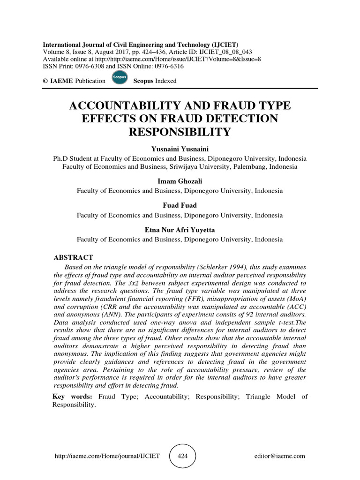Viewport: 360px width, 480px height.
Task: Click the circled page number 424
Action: click(182, 456)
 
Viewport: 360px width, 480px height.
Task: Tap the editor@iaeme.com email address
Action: click(280, 456)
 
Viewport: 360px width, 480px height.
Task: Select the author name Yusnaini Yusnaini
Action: click(180, 149)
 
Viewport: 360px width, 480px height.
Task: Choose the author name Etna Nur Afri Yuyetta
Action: click(180, 230)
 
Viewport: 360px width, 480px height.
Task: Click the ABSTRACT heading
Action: click(74, 257)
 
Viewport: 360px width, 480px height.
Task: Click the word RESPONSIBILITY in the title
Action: click(180, 133)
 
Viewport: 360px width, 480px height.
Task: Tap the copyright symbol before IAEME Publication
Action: click(45, 81)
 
